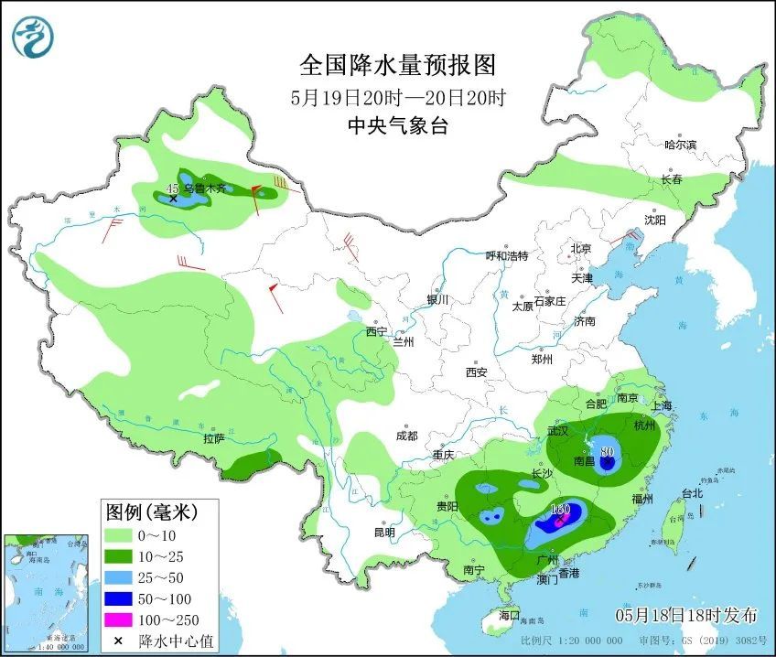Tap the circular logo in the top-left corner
(33, 37)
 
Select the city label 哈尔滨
(681, 145)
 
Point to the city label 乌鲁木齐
(204, 188)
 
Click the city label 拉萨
(213, 438)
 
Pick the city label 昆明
(384, 533)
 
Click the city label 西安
(477, 372)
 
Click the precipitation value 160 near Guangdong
(561, 510)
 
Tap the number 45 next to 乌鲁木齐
(171, 188)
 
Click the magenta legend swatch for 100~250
(119, 621)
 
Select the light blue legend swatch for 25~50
(119, 577)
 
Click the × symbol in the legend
(118, 641)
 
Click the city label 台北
(691, 494)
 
